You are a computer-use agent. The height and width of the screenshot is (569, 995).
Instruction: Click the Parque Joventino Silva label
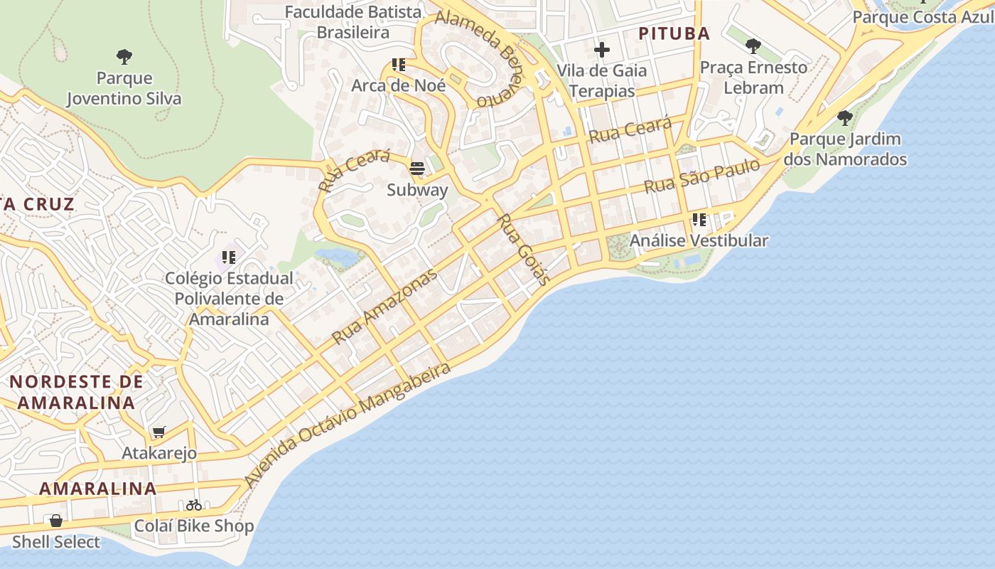(124, 88)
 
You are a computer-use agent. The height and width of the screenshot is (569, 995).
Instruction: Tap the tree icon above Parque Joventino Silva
(124, 56)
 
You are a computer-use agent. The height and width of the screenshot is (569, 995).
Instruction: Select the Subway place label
(417, 190)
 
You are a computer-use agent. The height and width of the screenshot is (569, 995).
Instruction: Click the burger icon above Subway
(416, 169)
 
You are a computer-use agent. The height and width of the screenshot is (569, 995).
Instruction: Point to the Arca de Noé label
(399, 85)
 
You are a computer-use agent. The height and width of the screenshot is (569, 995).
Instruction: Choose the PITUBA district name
(674, 33)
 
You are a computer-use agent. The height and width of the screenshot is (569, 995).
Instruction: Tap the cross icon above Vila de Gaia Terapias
(602, 50)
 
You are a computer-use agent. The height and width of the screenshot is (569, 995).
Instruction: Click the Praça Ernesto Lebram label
(753, 78)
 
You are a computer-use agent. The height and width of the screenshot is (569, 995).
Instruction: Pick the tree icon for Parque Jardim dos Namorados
(844, 117)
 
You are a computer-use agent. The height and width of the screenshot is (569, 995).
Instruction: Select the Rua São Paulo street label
(701, 176)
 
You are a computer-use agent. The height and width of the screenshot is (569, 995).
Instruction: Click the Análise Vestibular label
(699, 240)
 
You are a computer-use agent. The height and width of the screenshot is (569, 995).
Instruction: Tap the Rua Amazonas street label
(384, 307)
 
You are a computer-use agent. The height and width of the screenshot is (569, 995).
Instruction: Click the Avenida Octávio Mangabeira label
(348, 425)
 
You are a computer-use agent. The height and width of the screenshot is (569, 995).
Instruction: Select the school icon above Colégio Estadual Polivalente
(229, 257)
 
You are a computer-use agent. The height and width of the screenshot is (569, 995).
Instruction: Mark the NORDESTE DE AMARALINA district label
(76, 392)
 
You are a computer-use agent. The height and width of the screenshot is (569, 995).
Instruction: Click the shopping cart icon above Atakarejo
(159, 432)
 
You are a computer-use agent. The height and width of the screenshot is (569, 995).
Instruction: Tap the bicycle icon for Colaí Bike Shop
(194, 505)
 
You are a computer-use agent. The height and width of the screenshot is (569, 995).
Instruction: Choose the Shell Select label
(56, 542)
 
